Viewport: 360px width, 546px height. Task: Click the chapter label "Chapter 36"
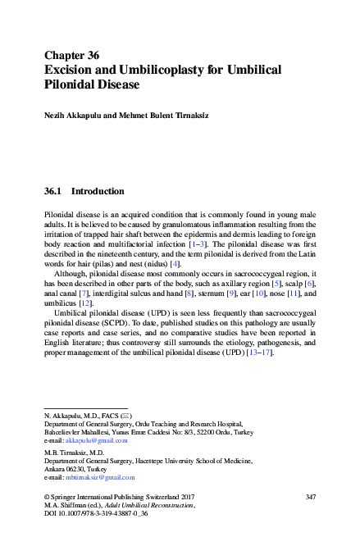coord(71,56)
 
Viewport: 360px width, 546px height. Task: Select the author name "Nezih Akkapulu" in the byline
coord(77,116)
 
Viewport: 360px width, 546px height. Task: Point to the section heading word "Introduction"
coord(98,192)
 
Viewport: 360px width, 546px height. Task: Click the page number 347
coord(310,497)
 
